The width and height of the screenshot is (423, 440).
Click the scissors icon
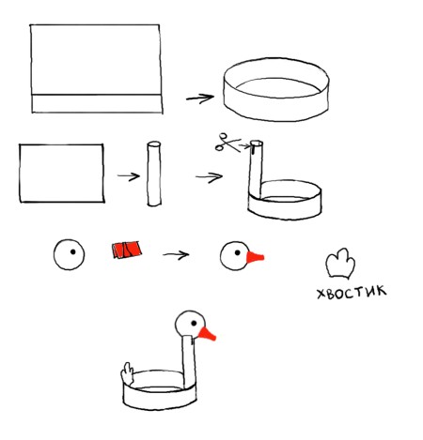point(227,143)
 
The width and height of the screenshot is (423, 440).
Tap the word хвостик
point(352,293)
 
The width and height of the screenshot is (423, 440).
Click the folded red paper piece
point(127,250)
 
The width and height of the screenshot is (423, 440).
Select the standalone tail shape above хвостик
point(340,264)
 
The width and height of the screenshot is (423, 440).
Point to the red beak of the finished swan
point(207,334)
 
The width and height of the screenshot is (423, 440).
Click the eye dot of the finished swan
point(194,323)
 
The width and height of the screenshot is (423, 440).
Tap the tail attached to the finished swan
point(128,373)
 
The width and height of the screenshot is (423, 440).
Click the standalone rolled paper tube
point(154,174)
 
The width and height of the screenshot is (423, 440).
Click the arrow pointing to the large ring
point(200,99)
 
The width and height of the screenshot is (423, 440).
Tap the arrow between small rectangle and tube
point(129,176)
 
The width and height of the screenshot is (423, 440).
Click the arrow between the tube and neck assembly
point(209,177)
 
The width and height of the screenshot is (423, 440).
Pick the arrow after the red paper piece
point(176,254)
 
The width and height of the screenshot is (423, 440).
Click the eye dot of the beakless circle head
point(73,251)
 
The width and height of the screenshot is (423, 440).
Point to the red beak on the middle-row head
point(255,257)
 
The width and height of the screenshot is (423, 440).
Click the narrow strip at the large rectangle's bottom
point(97,103)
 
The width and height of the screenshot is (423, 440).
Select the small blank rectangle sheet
point(61,174)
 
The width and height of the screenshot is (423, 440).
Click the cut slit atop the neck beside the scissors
point(253,149)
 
